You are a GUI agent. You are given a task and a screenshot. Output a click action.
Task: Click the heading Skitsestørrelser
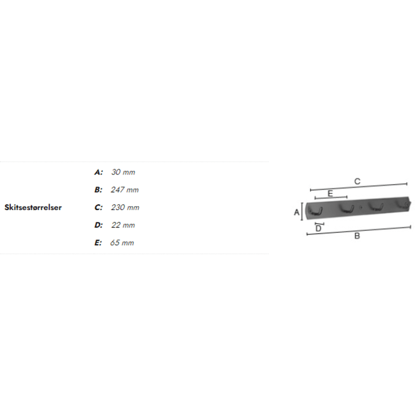pos(33,207)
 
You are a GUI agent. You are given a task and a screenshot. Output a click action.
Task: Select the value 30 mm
pos(123,172)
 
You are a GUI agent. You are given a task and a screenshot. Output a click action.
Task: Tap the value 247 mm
pos(125,190)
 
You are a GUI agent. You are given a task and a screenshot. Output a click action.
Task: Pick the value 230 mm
pos(125,207)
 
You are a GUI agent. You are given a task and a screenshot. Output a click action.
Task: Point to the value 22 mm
pos(123,225)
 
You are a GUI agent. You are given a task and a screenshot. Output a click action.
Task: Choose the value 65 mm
pos(122,243)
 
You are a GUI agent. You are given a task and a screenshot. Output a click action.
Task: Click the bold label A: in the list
pos(98,172)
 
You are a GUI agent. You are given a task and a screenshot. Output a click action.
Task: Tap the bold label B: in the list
pos(98,190)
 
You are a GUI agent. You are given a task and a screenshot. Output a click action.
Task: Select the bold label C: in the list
pos(98,207)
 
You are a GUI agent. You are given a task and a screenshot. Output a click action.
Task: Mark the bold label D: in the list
pos(98,225)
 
